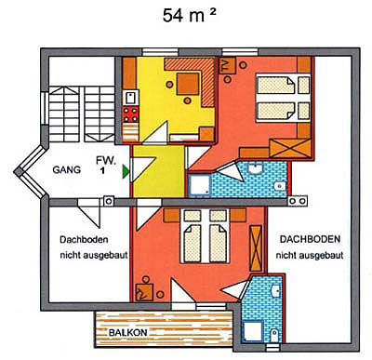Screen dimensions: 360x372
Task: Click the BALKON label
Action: pos(126,331)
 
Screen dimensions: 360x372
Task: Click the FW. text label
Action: pos(105,159)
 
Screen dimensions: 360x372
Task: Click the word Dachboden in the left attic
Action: pos(80,238)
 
